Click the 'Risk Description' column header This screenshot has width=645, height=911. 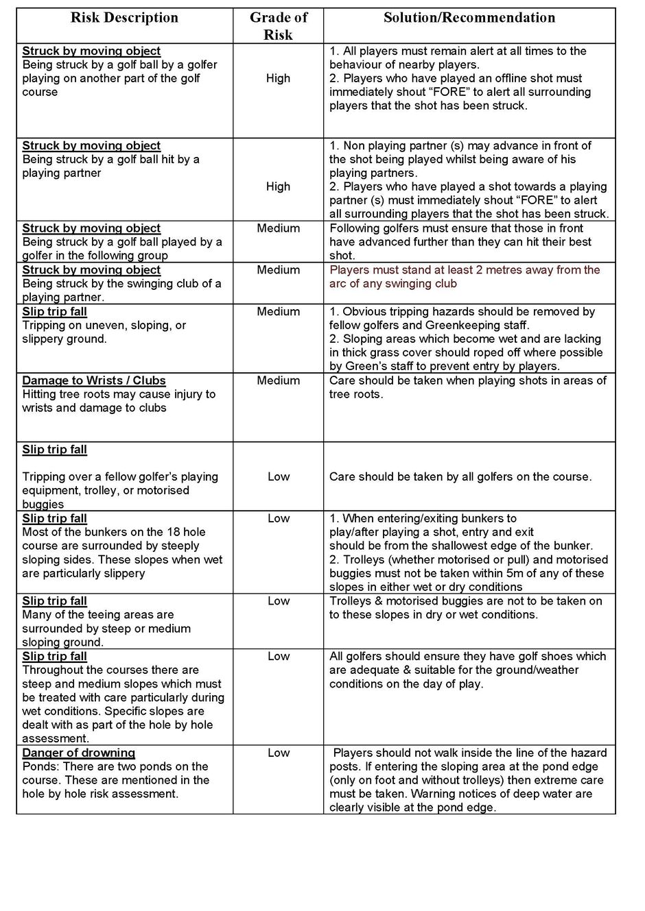pyautogui.click(x=124, y=18)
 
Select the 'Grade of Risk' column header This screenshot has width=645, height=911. pyautogui.click(x=278, y=26)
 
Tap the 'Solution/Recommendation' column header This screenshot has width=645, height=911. pyautogui.click(x=469, y=18)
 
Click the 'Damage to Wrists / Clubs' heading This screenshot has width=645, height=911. pyautogui.click(x=94, y=380)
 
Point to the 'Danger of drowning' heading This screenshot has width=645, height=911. pyautogui.click(x=78, y=753)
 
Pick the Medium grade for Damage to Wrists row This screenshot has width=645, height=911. pyautogui.click(x=278, y=380)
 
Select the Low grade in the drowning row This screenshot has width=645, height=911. pyautogui.click(x=278, y=753)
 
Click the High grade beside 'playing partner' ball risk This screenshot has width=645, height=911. pyautogui.click(x=278, y=186)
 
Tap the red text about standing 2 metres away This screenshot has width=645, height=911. pyautogui.click(x=465, y=277)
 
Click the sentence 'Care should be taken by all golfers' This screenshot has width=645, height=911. pyautogui.click(x=460, y=476)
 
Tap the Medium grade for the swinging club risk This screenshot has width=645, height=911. pyautogui.click(x=278, y=270)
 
